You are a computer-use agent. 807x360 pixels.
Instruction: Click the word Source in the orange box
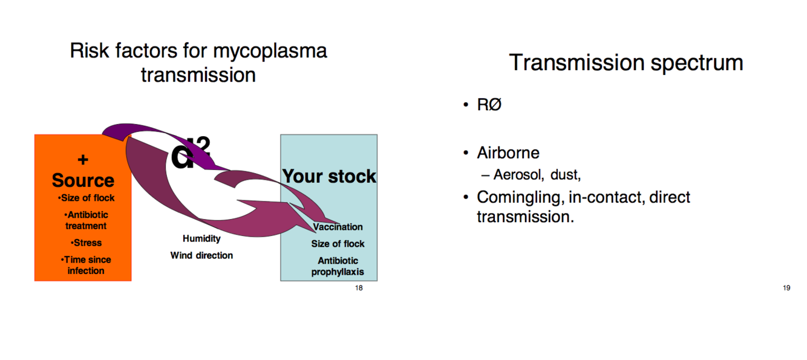click(x=83, y=180)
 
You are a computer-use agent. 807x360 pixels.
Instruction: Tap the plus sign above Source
click(x=83, y=160)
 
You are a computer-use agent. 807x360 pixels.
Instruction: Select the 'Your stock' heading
click(x=329, y=177)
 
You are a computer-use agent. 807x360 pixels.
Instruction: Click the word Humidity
click(x=201, y=238)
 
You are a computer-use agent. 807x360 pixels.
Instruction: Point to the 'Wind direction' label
click(x=201, y=255)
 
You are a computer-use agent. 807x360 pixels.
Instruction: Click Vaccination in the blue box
click(x=338, y=227)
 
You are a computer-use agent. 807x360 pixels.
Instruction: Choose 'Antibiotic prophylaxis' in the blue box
click(x=338, y=266)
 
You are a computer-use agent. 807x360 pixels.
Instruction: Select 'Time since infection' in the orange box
click(x=86, y=265)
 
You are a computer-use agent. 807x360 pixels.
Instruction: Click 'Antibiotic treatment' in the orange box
click(x=86, y=220)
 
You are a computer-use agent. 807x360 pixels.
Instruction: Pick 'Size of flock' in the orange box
click(x=86, y=198)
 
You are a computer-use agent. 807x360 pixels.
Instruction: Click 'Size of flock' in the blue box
click(x=338, y=244)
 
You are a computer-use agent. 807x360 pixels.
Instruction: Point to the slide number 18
click(x=359, y=288)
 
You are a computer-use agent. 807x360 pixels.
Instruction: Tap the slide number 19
click(x=786, y=288)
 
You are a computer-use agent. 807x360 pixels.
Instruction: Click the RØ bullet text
click(x=489, y=105)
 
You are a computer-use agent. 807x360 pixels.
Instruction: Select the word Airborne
click(x=508, y=152)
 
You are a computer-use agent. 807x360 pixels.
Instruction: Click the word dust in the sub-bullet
click(x=565, y=175)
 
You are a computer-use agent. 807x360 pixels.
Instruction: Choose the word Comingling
click(x=520, y=197)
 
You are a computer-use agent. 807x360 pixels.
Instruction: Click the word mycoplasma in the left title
click(x=271, y=51)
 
